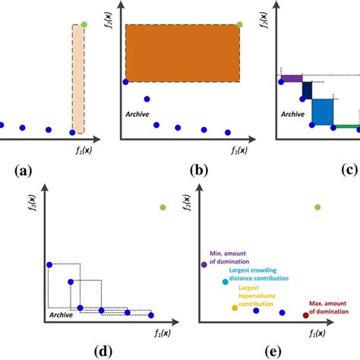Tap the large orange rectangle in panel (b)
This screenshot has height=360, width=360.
point(182,52)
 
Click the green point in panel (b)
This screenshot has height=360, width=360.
point(240,24)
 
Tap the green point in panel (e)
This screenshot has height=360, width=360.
point(317,207)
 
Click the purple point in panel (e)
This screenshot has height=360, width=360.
point(204,264)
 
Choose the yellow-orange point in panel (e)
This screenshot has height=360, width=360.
point(235,308)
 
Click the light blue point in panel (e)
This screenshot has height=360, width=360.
point(225,282)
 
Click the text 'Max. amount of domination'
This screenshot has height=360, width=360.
point(329,306)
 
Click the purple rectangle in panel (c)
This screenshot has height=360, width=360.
point(292,78)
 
